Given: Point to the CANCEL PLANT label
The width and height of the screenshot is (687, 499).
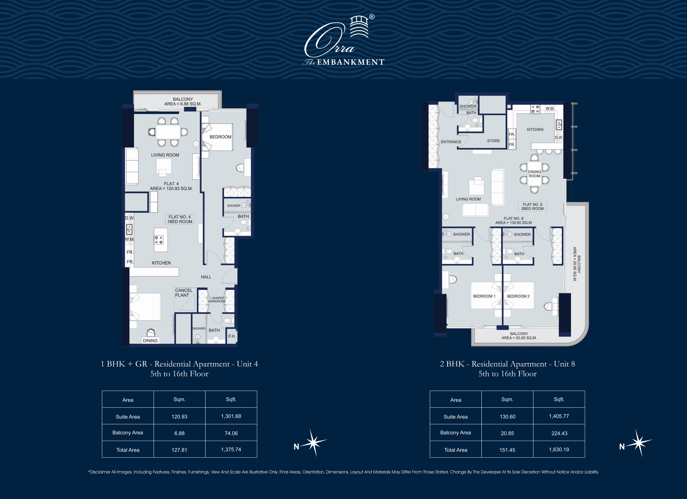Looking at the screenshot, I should pos(184,293).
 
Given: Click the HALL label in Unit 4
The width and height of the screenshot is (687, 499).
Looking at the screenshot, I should pos(206,277).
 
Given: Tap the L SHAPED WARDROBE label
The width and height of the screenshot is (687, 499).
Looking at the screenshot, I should pos(217,300).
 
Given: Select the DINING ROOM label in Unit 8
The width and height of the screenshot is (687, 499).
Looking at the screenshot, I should pos(534,174).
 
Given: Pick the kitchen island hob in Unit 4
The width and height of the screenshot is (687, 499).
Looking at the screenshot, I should pos(159,240).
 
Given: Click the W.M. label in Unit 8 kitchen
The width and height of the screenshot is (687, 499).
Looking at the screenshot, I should pos(550,108).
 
